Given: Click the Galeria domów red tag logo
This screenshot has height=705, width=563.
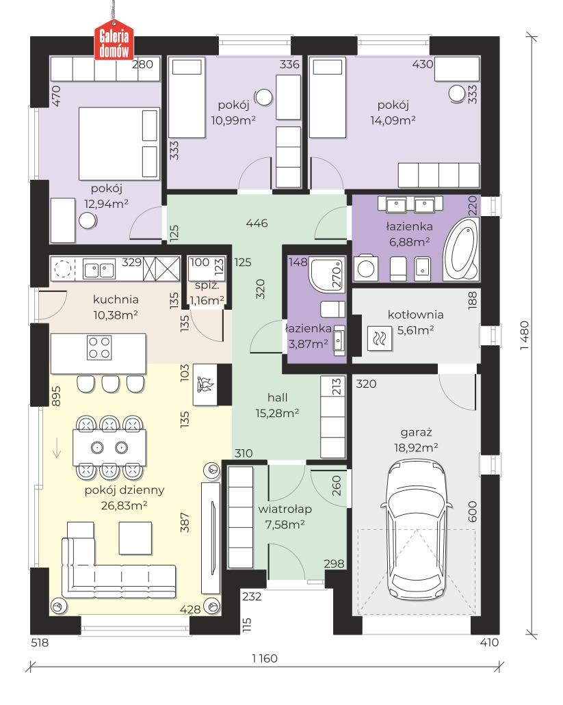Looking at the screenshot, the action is coord(114,40).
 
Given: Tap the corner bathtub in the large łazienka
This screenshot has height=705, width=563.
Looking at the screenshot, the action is coord(461,250).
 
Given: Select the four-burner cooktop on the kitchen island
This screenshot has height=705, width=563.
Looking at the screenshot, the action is coord(99,347).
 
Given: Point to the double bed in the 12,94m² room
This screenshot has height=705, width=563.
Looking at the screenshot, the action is coord(119,144).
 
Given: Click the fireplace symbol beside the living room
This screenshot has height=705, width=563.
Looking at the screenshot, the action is coord(206,384).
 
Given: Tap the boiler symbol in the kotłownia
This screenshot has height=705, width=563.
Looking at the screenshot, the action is coord(380,338).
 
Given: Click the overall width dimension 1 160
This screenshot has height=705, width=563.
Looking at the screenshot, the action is coord(265,659).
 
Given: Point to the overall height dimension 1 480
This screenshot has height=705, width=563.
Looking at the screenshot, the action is coord(524,336).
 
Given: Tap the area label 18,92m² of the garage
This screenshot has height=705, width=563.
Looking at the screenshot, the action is coord(416,448).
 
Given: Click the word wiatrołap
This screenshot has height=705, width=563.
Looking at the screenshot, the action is coord(285,509).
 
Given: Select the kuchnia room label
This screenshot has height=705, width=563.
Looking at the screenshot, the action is coord(116,300).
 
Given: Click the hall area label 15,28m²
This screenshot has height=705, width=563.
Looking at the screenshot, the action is coord(278,413).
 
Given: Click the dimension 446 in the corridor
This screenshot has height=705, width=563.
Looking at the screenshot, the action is coord(257,223).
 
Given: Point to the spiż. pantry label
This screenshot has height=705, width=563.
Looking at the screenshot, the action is coord(207,286).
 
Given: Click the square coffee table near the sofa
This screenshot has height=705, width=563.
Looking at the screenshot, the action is coord(135,537).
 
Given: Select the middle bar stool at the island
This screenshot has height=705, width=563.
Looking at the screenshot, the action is coord(111,384).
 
